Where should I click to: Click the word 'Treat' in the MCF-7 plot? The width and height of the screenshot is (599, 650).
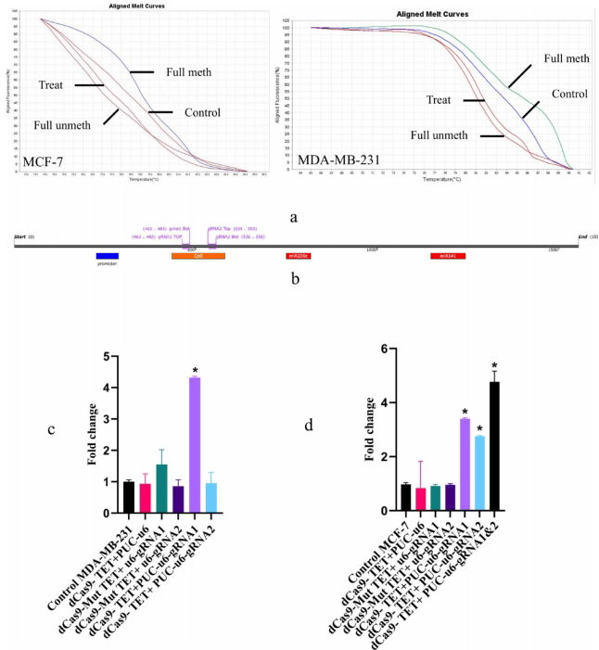[x=52, y=84]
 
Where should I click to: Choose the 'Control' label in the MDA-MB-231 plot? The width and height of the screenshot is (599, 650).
[x=570, y=94]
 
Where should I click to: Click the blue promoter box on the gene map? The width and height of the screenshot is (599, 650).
[x=108, y=256]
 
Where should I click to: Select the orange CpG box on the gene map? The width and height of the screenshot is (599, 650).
[x=198, y=256]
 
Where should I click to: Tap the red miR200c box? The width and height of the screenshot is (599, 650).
[x=305, y=256]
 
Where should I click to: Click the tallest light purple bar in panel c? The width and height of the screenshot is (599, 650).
[x=196, y=431]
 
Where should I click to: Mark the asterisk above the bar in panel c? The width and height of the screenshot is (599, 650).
[x=196, y=372]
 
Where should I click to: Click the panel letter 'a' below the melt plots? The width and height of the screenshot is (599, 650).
[x=294, y=215]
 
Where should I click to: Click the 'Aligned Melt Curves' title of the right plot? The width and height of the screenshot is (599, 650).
[x=431, y=15]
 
